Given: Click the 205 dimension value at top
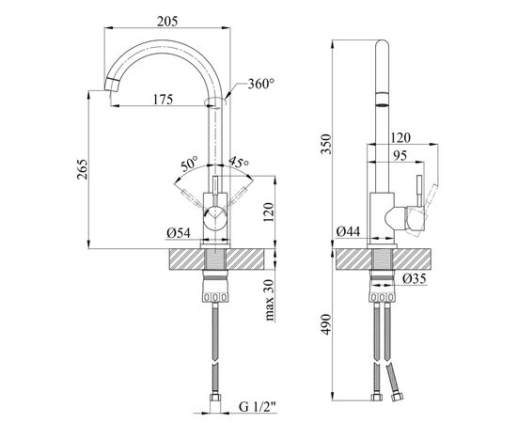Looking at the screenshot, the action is click(167, 22).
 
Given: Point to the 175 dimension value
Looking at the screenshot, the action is click(163, 99).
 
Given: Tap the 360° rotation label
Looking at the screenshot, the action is click(261, 84).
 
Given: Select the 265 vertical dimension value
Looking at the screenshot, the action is click(83, 169).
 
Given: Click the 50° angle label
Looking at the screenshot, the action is click(189, 164).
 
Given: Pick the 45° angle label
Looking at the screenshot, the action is click(239, 162).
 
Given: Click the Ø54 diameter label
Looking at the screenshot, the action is click(179, 233).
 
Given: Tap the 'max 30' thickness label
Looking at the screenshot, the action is click(270, 300).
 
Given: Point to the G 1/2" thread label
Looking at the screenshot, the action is click(257, 407).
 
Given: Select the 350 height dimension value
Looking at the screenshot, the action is click(326, 144).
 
